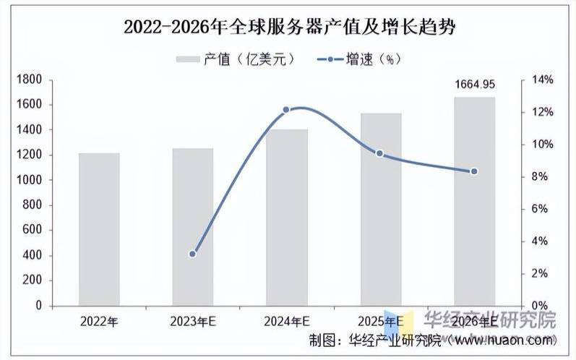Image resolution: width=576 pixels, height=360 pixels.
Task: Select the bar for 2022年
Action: (x=99, y=229)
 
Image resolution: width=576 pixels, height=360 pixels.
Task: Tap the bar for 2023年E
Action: (x=193, y=227)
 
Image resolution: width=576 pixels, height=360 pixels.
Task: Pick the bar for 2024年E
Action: (x=287, y=218)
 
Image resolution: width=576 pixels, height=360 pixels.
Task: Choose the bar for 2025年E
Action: (x=380, y=210)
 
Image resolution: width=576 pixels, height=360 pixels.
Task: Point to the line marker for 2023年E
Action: (x=192, y=254)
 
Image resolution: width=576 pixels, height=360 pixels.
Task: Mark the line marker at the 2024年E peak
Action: (x=286, y=110)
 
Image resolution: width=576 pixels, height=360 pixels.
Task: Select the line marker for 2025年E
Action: (x=379, y=153)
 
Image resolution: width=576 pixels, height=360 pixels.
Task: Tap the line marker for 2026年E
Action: (x=474, y=171)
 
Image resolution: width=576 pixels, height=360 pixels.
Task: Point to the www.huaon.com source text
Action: (x=505, y=340)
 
